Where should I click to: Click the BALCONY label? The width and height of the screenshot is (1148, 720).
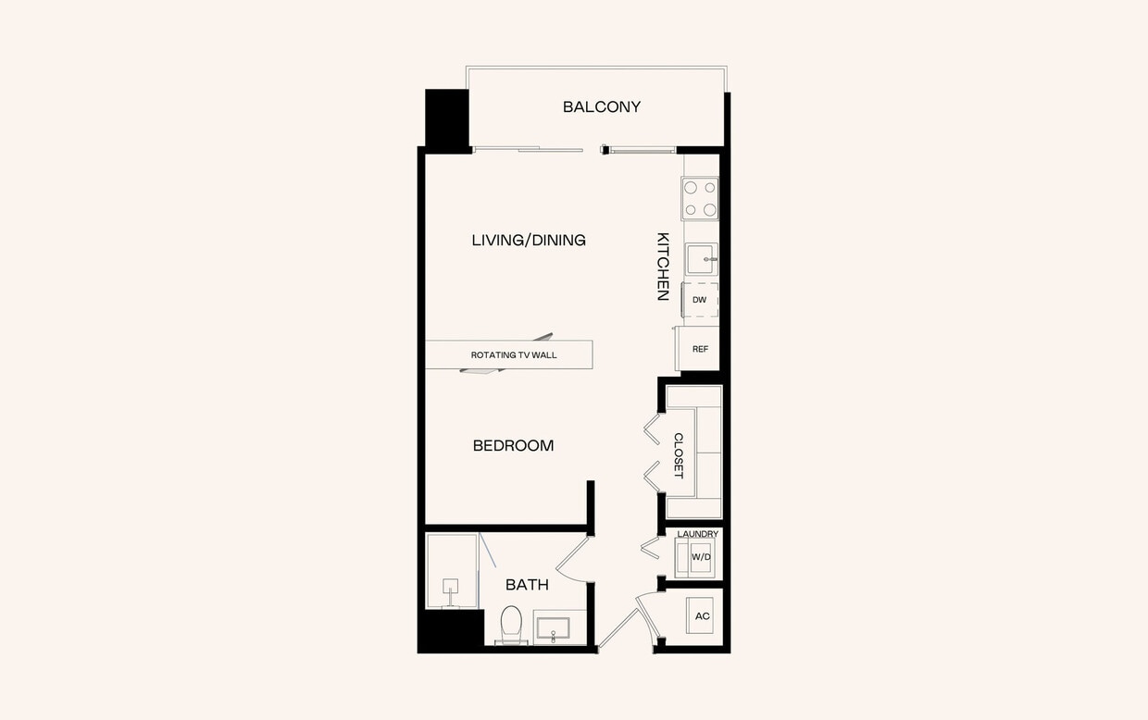pos(602,106)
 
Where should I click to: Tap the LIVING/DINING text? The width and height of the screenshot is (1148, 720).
pos(529,241)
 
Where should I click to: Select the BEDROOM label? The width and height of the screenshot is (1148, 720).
pos(513,446)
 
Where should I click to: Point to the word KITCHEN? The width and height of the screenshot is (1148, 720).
pos(663,266)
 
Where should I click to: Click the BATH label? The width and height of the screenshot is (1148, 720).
pos(527,585)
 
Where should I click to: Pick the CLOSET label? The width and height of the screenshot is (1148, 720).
pos(679,455)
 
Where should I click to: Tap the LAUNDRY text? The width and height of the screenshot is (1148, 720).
pos(698,534)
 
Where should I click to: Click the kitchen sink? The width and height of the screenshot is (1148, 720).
pos(701,259)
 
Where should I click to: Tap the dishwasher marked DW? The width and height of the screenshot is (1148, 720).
pos(700,300)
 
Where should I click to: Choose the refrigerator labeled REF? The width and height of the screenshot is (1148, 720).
pos(700,349)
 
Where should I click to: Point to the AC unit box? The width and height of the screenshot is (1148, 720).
pos(702,615)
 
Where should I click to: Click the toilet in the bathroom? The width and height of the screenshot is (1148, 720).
pos(511,624)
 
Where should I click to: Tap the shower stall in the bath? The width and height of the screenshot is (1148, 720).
pos(452,571)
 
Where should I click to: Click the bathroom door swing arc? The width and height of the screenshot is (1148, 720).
pos(574,560)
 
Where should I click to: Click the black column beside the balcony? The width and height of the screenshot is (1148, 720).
pos(446,118)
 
